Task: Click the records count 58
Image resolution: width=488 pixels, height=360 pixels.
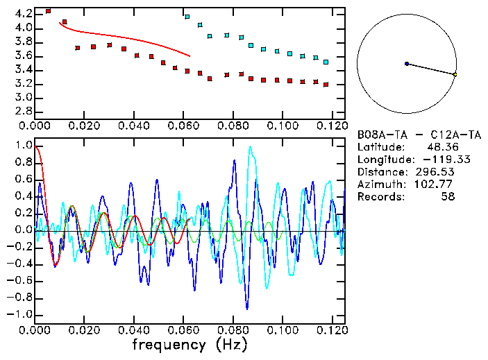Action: [x=447, y=196]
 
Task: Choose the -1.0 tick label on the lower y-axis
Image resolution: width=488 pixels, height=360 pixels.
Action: [x=20, y=315]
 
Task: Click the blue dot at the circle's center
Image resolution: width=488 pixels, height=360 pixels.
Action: [x=407, y=64]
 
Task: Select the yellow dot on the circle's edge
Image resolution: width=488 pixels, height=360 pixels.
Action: [x=455, y=74]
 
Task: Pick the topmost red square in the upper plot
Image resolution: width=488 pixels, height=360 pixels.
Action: [x=48, y=11]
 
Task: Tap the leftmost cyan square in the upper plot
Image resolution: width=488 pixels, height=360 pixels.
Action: [x=187, y=16]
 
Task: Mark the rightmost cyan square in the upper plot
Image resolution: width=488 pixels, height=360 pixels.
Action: [x=326, y=62]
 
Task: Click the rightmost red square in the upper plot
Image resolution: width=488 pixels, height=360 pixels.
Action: [x=326, y=84]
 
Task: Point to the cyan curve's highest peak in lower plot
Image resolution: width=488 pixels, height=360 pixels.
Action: [x=251, y=146]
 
